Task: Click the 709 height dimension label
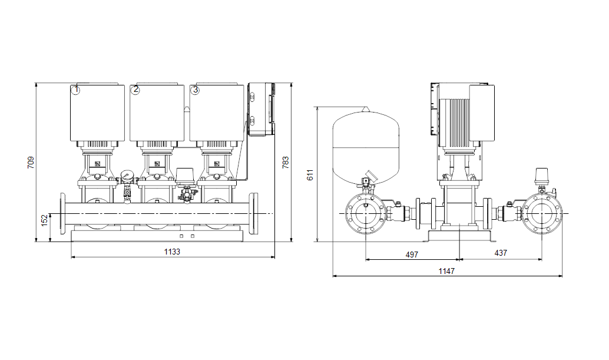[31, 163]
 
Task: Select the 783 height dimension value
[286, 163]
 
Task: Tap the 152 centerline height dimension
[44, 220]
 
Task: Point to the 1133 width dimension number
[172, 252]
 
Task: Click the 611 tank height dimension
[310, 175]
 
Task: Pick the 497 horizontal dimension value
[412, 255]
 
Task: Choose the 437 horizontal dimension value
[501, 253]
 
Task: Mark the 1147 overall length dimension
[446, 271]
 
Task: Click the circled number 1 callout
[76, 90]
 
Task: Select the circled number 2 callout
[135, 90]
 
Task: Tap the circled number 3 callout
[195, 90]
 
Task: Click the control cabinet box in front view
[261, 110]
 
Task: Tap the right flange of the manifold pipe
[254, 213]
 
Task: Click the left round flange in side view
[366, 214]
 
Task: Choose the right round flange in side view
[542, 214]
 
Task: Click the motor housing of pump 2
[157, 113]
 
